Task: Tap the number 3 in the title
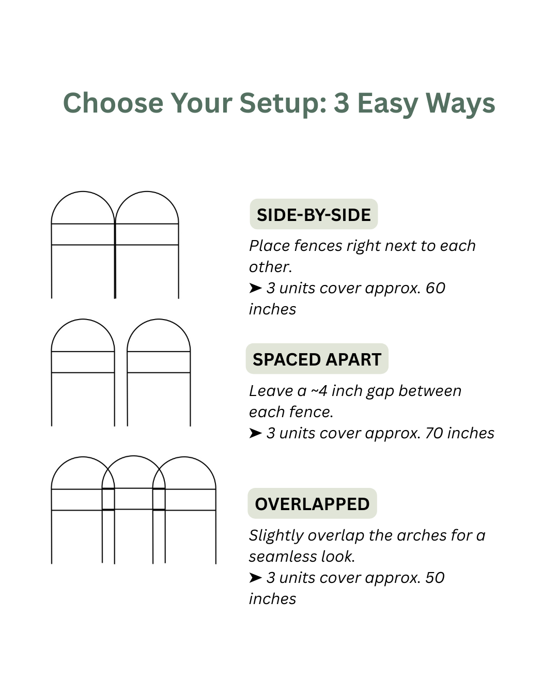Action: point(342,103)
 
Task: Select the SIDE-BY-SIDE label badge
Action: point(314,214)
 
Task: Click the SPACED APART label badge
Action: point(317,358)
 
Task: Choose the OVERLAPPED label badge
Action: point(312,503)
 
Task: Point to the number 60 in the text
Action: point(435,288)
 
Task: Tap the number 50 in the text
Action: point(435,578)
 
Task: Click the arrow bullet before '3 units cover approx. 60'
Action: point(256,288)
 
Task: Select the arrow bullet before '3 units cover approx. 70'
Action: point(256,433)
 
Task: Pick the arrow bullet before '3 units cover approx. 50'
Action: point(256,578)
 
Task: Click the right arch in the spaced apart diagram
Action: point(159,320)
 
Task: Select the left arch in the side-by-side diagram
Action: point(83,192)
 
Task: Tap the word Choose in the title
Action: point(113,103)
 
